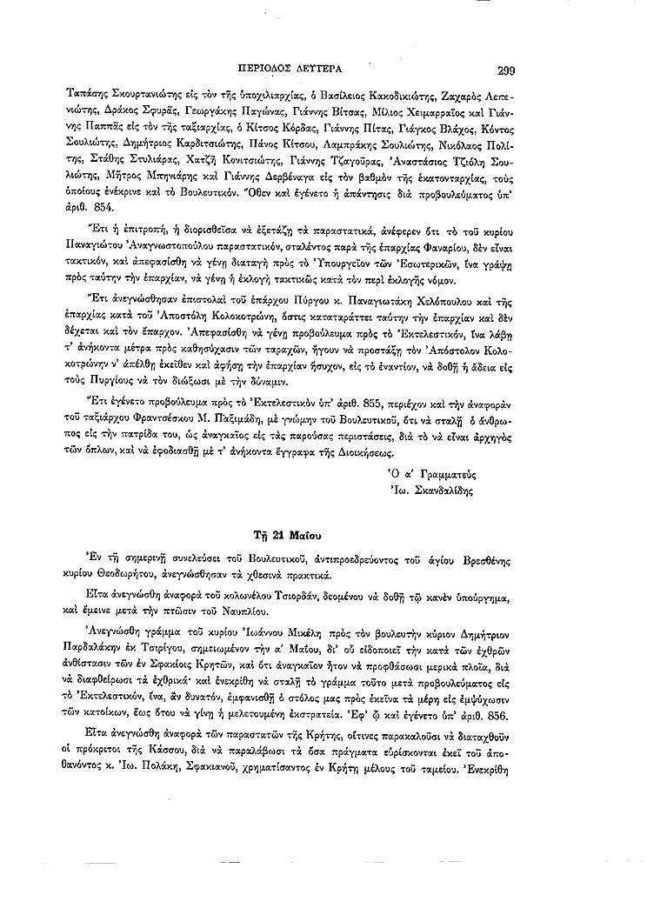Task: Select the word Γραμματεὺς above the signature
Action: coord(450,475)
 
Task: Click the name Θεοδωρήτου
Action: coord(125,576)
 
